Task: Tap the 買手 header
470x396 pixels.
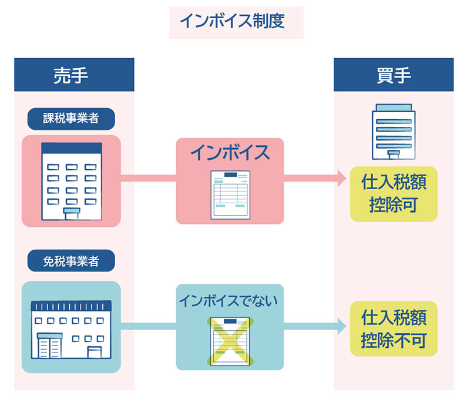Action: [393, 75]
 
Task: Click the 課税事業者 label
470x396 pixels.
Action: [70, 119]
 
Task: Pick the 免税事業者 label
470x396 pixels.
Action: [70, 260]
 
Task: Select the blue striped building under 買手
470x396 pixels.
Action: [393, 132]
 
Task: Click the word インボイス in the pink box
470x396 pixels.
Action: [230, 153]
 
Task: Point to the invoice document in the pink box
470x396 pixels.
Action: [230, 194]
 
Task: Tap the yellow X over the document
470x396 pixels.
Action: [230, 341]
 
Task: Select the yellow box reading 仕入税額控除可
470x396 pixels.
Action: [393, 193]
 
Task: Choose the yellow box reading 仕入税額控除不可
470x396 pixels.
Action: [393, 329]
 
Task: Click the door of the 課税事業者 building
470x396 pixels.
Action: [71, 213]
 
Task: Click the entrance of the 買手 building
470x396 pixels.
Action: [393, 155]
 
